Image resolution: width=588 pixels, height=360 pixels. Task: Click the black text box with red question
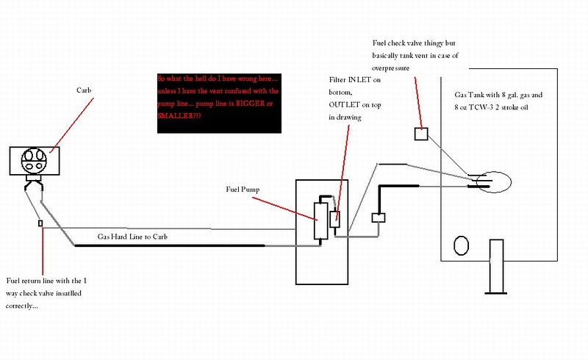click(x=219, y=102)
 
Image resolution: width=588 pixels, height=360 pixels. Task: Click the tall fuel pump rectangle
click(x=320, y=219)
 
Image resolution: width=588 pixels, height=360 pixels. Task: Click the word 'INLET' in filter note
click(x=367, y=79)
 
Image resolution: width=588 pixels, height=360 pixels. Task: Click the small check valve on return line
click(x=41, y=222)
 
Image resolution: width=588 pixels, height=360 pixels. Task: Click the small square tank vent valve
click(x=421, y=134)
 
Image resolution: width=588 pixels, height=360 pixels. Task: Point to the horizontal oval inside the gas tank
click(x=490, y=181)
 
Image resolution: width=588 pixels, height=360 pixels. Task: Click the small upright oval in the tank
click(x=462, y=245)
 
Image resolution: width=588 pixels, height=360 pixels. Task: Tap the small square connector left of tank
click(x=379, y=217)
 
